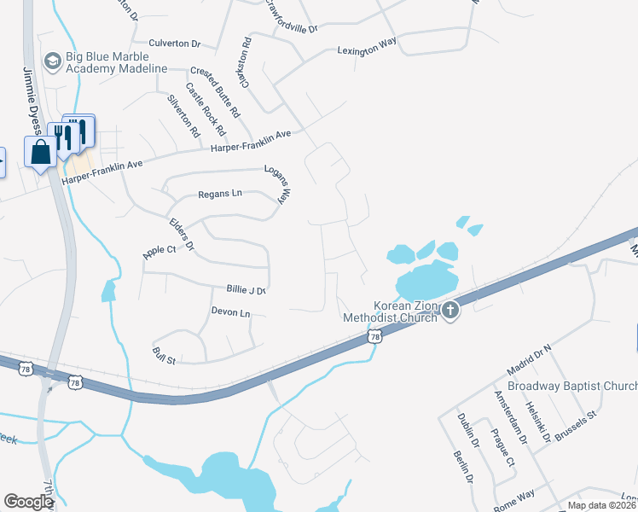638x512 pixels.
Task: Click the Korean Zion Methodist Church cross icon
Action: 449,311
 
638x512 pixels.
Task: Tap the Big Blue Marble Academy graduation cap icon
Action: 52,60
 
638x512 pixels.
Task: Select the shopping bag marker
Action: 40,154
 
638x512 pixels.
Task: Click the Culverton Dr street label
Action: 174,44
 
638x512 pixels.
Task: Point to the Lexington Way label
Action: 368,50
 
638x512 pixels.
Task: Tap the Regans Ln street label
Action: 220,194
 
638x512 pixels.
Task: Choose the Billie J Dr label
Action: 246,290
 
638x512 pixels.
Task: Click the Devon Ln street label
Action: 231,314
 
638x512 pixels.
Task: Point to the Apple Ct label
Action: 159,251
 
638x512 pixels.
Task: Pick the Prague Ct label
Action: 503,450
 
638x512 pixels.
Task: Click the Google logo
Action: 27,502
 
